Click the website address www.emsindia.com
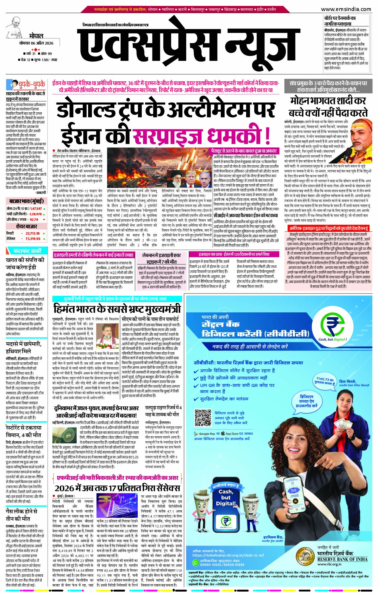[x=346, y=9]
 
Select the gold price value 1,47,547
[x=36, y=209]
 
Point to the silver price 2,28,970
[x=35, y=214]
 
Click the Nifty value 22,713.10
[x=33, y=233]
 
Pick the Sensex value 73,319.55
[x=33, y=238]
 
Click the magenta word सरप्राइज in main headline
[x=167, y=136]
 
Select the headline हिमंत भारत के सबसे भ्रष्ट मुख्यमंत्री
[x=117, y=309]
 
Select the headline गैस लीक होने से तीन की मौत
[x=22, y=515]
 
